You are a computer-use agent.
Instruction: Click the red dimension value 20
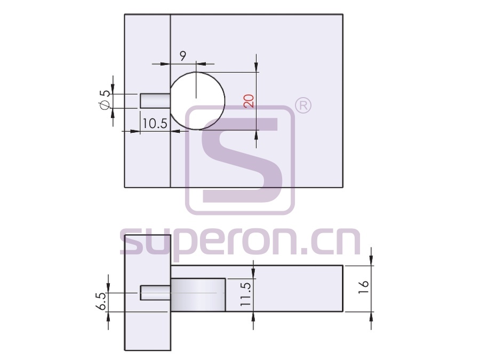pyautogui.click(x=249, y=101)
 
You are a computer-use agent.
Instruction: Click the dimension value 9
pyautogui.click(x=182, y=55)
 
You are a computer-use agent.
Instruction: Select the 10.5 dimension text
pyautogui.click(x=155, y=123)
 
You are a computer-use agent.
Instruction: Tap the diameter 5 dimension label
pyautogui.click(x=105, y=100)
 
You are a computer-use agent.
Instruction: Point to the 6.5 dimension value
pyautogui.click(x=102, y=301)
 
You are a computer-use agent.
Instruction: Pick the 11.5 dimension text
pyautogui.click(x=245, y=294)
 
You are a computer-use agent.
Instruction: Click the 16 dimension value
pyautogui.click(x=363, y=287)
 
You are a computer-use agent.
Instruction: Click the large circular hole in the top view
pyautogui.click(x=197, y=101)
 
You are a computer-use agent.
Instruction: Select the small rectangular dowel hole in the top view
pyautogui.click(x=155, y=101)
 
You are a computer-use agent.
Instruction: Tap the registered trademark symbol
pyautogui.click(x=303, y=106)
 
